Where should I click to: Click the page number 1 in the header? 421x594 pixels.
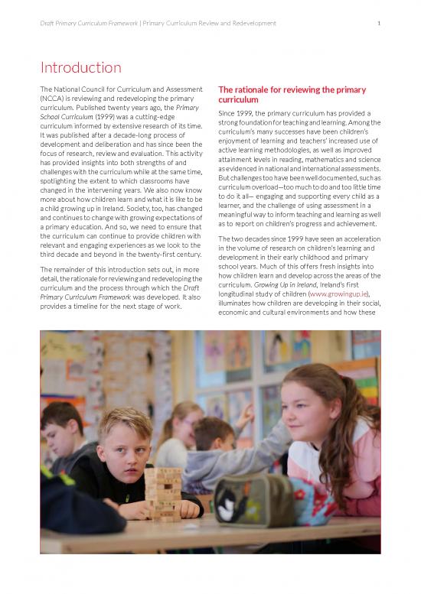click(379, 24)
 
